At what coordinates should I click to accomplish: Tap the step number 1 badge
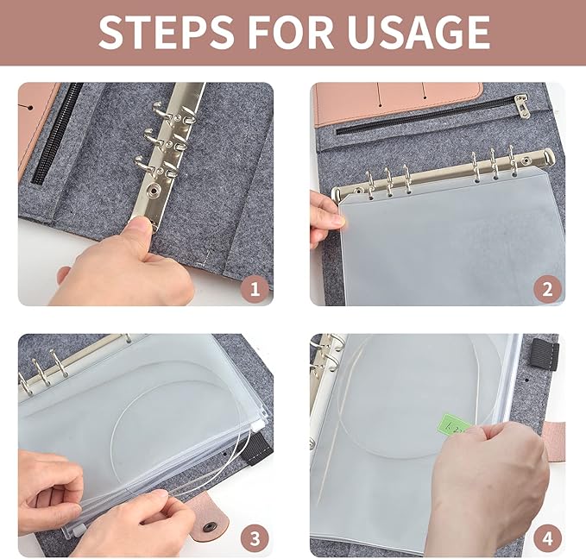click(254, 288)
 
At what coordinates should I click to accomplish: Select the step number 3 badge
click(254, 539)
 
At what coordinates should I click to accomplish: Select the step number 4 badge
click(545, 539)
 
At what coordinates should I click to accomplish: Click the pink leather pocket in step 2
click(397, 102)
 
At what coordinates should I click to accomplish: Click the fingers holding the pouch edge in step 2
click(327, 221)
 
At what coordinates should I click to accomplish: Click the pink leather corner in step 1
click(35, 121)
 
